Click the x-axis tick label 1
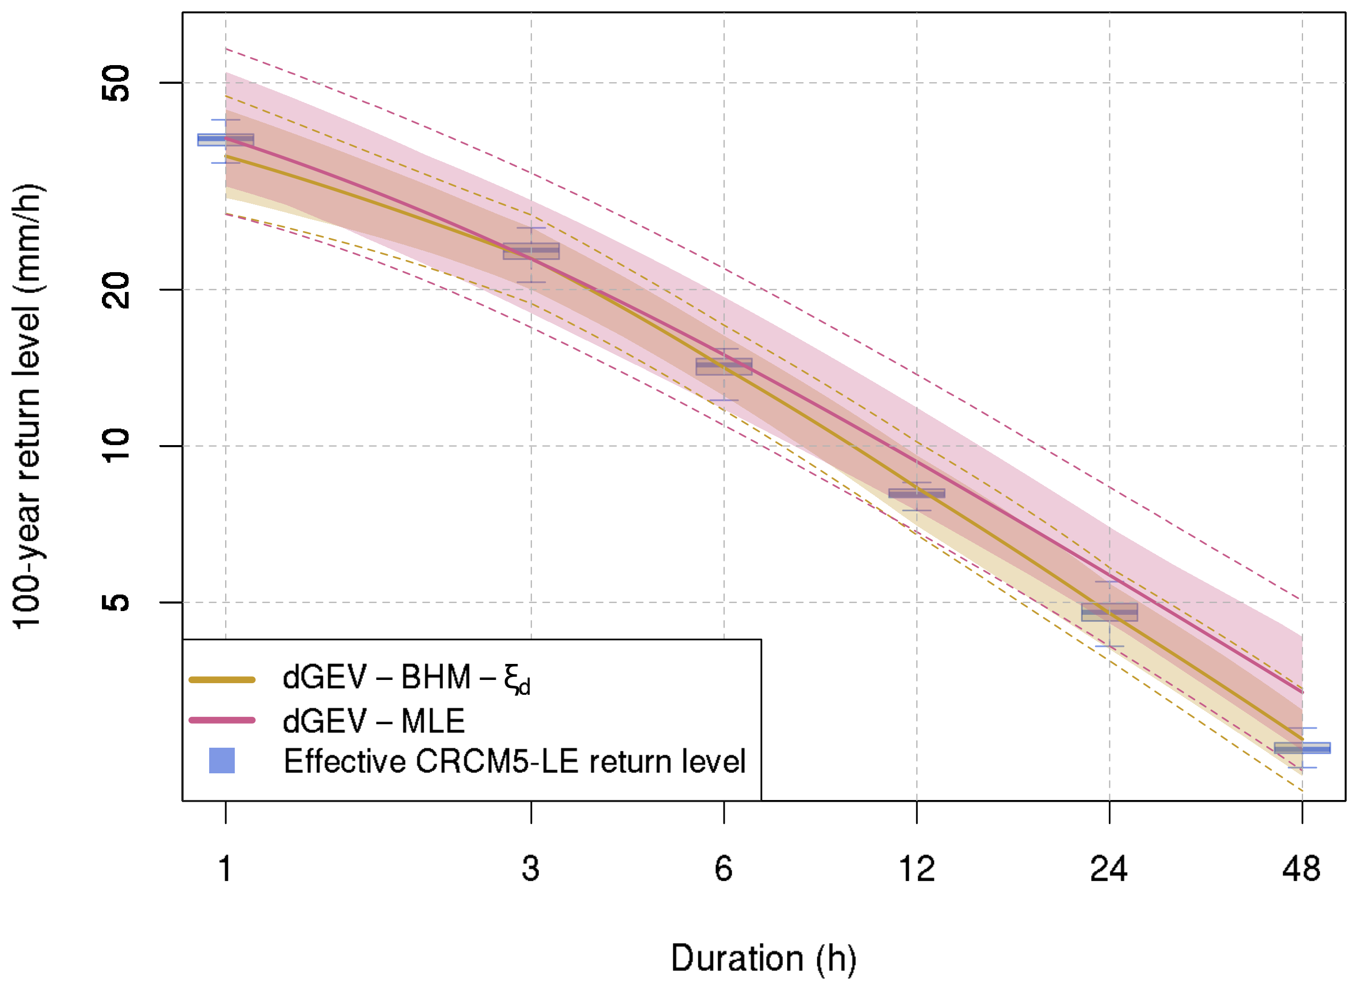click(x=225, y=869)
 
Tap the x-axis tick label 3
click(x=531, y=869)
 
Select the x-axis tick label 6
click(x=724, y=869)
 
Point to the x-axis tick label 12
click(x=917, y=869)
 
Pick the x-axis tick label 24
click(x=1109, y=869)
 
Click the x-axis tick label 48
click(x=1301, y=869)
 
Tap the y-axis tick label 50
click(x=116, y=83)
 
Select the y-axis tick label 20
click(x=116, y=290)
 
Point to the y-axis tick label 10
click(x=116, y=446)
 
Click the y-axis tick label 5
click(x=116, y=602)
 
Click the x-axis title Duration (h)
click(x=763, y=958)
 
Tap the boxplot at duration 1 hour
click(x=225, y=140)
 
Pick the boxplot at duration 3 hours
click(x=531, y=251)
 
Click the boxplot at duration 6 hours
click(x=724, y=367)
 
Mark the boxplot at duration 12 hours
click(x=917, y=493)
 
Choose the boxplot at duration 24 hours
click(x=1109, y=612)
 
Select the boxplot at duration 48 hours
click(x=1301, y=748)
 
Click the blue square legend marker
click(x=221, y=761)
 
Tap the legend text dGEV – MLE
click(x=373, y=721)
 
